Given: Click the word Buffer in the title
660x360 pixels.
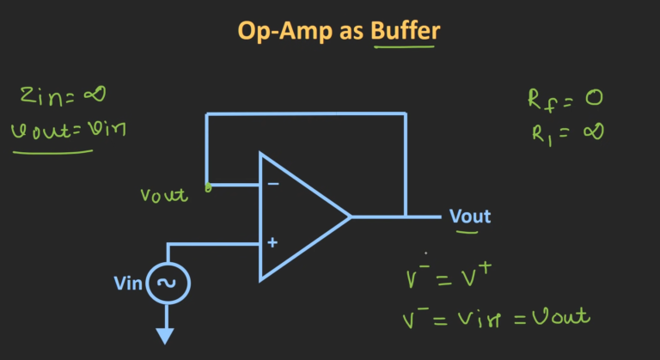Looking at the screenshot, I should (x=406, y=32).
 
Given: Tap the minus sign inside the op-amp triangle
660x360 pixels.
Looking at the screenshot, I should (x=272, y=184).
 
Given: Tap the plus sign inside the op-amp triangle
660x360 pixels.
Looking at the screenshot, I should (x=272, y=243).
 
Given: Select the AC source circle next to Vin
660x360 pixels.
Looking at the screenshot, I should (x=168, y=284).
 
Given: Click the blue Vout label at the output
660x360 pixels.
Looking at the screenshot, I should (x=470, y=216).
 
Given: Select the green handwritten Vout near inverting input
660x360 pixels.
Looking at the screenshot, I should (x=164, y=195).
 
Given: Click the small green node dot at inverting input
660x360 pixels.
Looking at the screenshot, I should (x=207, y=185).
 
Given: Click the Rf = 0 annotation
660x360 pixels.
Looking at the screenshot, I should (x=565, y=99).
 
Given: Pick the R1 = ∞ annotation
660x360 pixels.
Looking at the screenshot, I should (x=565, y=131).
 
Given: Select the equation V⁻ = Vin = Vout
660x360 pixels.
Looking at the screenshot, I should (x=496, y=318).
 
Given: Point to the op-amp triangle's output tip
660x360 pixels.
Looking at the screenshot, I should (x=351, y=217).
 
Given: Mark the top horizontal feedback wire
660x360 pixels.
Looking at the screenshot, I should (x=306, y=113).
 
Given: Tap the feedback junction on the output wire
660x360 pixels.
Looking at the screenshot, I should (x=405, y=217).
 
